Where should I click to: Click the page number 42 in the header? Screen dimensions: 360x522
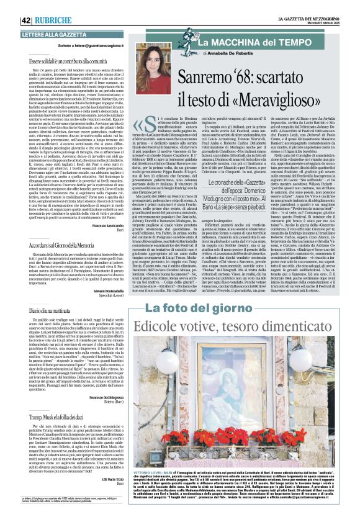point(9,7)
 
